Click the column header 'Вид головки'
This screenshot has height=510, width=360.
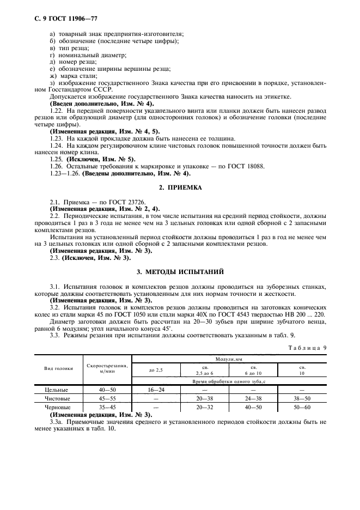(59, 369)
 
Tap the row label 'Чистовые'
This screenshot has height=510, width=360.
(56, 398)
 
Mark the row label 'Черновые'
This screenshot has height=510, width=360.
(56, 406)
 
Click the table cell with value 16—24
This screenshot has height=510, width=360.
(156, 390)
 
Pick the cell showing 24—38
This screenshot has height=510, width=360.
(253, 398)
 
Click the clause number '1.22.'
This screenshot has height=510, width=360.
(57, 111)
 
